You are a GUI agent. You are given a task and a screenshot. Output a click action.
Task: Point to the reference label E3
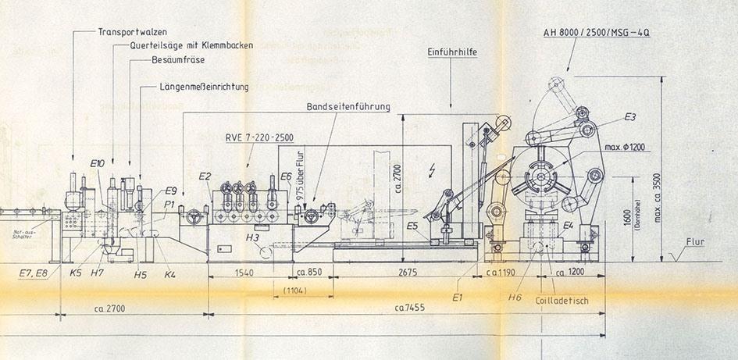(x=629, y=117)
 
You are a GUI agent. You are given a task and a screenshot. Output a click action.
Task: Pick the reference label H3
(x=252, y=237)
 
